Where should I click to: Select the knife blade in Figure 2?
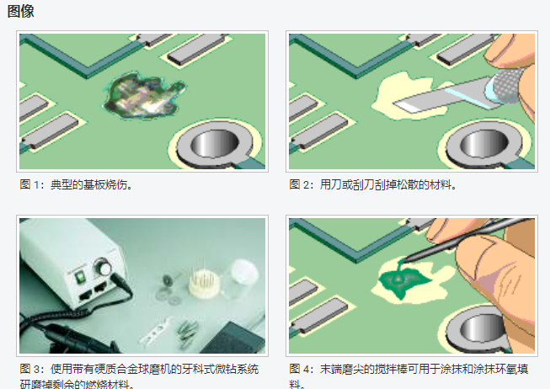[x=438, y=97]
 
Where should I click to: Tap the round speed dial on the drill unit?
[x=105, y=269]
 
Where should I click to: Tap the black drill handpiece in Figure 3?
[x=51, y=333]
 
